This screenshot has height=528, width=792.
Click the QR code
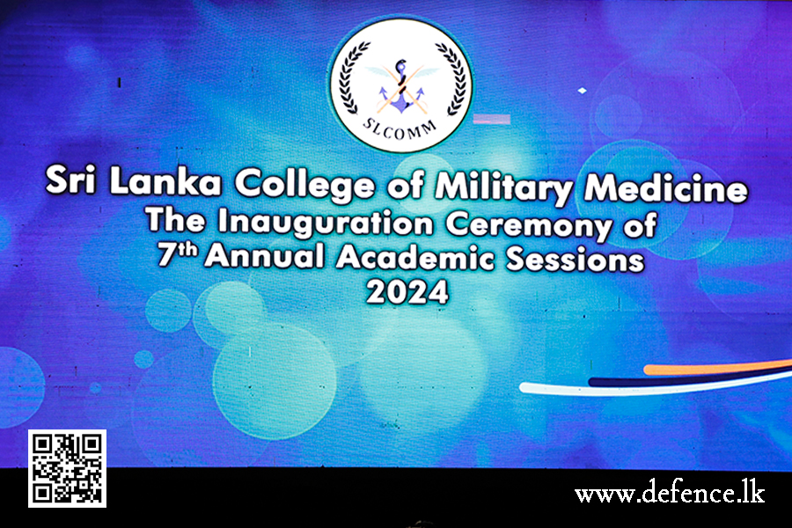click(x=67, y=468)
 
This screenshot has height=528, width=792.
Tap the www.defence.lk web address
click(x=670, y=493)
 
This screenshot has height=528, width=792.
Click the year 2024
click(x=407, y=292)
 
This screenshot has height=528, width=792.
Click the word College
click(x=304, y=185)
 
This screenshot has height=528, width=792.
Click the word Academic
click(x=415, y=257)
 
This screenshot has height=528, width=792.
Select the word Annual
click(x=264, y=256)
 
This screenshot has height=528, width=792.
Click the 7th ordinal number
click(x=177, y=253)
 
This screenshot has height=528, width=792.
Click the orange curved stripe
click(x=717, y=367)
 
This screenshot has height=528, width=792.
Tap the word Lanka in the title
click(x=165, y=181)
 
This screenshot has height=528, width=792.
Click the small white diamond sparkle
click(x=582, y=91)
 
